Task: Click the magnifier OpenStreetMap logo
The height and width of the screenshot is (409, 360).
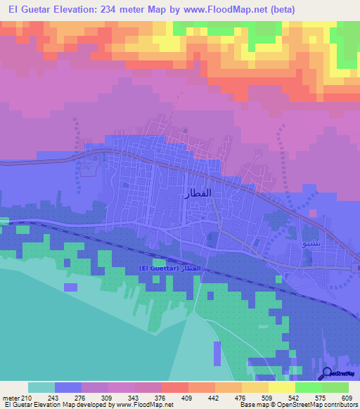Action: [328, 374]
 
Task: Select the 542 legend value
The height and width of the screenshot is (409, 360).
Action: [295, 398]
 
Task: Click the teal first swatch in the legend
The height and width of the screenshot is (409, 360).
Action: [41, 387]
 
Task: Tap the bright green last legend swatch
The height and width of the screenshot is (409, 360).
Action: [335, 387]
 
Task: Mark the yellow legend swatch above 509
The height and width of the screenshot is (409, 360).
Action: [255, 387]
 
